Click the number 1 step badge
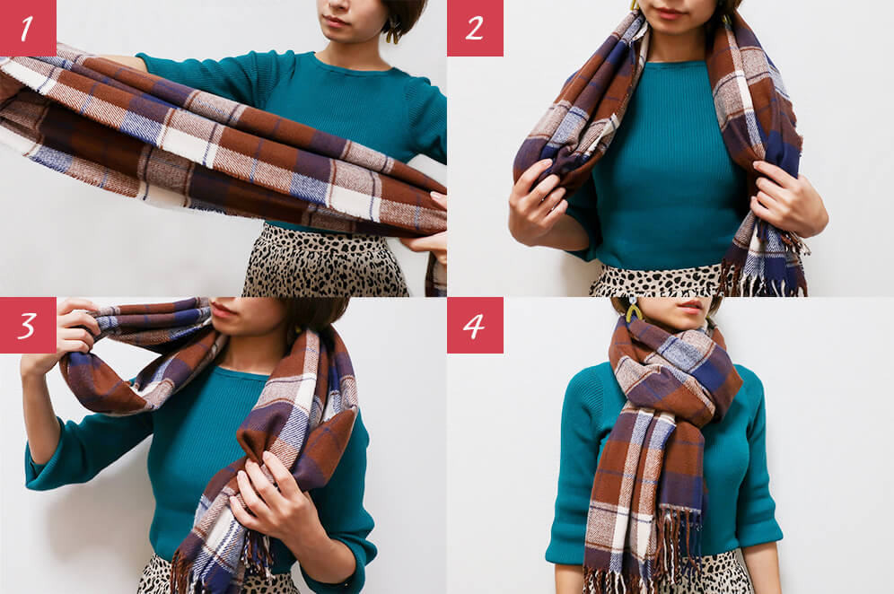28,28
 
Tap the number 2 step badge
475,28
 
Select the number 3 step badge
28,325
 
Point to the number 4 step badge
475,325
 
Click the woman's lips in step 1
337,22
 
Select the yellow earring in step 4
633,310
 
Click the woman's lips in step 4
691,306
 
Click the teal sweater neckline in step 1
347,64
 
